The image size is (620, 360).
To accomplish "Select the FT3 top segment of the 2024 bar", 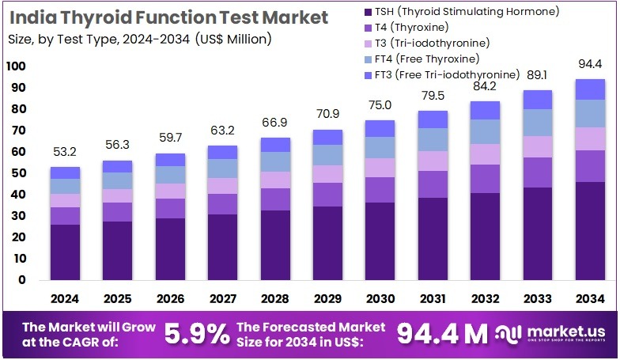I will (x=65, y=172).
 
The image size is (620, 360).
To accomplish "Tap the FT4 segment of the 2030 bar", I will (x=379, y=147).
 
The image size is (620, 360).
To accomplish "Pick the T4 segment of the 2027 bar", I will (x=222, y=203).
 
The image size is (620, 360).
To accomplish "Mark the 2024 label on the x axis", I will (x=65, y=299).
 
